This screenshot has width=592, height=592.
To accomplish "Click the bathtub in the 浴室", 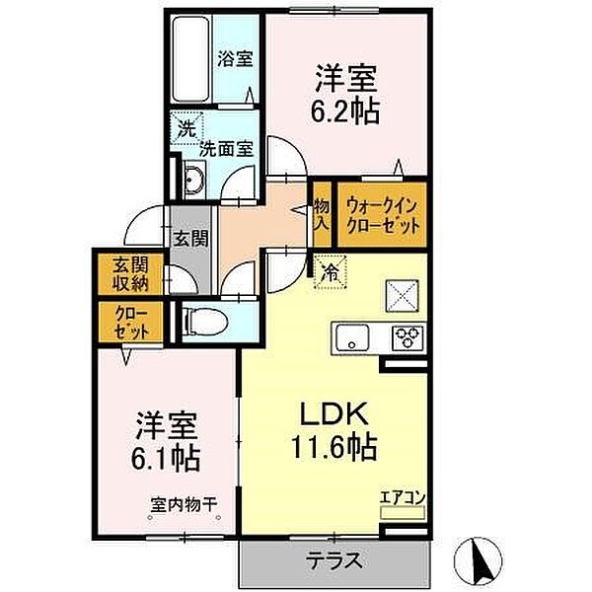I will [x=189, y=58].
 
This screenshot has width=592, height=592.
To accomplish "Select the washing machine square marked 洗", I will [x=185, y=127].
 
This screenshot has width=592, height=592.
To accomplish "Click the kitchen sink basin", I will [x=351, y=338].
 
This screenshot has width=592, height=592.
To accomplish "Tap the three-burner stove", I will [x=407, y=337].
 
